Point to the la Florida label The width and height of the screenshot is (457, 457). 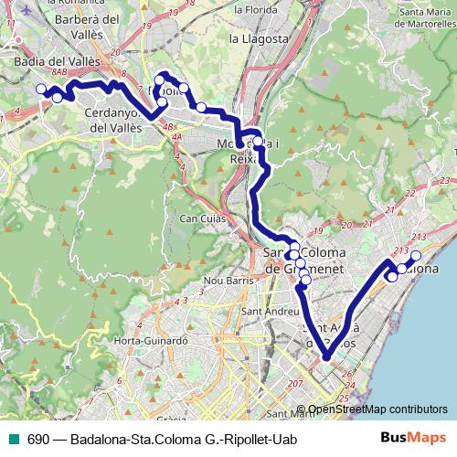click(x=254, y=9)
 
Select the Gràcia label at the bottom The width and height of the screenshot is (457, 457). click(x=166, y=420)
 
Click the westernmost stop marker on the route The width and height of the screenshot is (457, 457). click(x=40, y=89)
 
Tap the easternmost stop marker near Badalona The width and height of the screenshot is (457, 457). click(x=416, y=256)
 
